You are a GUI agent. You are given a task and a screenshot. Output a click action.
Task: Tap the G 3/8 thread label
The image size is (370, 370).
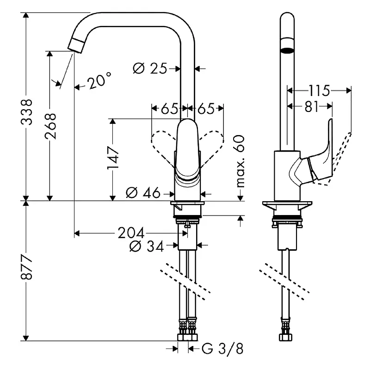(x=223, y=349)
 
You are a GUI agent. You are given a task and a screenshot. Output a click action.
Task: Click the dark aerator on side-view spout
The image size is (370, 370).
(x=288, y=49)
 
